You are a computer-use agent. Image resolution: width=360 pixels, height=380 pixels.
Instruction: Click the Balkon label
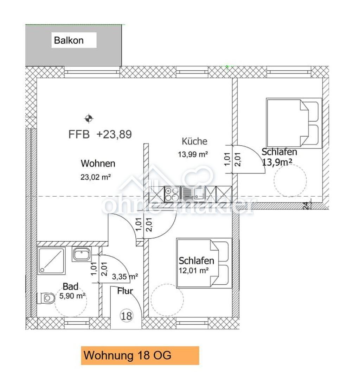(69, 40)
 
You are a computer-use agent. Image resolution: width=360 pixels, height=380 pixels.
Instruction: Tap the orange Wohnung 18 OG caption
(140, 355)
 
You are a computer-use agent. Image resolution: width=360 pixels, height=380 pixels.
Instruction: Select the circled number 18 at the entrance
(126, 316)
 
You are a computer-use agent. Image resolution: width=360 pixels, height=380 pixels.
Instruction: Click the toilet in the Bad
(46, 298)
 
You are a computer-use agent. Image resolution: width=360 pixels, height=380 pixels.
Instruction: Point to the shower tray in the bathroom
(52, 261)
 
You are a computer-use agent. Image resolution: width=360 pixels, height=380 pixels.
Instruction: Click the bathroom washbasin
(82, 254)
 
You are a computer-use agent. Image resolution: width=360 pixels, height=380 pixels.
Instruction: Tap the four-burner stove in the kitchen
(172, 194)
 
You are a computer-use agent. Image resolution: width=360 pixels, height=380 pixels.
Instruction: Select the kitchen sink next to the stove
(193, 194)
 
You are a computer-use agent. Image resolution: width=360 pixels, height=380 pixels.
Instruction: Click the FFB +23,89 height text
(100, 134)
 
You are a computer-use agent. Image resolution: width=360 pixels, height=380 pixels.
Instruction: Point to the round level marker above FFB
(89, 119)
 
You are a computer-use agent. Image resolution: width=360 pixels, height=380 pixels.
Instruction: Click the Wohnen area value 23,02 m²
(96, 177)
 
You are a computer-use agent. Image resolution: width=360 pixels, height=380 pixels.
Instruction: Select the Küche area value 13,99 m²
(193, 154)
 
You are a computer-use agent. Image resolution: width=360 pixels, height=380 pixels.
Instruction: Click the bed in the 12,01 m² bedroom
(204, 263)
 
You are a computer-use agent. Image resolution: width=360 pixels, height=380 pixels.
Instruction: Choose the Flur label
(125, 291)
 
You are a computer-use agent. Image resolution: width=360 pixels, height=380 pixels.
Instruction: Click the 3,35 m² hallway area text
(125, 277)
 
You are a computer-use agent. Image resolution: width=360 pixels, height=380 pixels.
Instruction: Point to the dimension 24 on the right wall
(306, 205)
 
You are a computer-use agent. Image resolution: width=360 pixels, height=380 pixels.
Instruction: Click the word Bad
(70, 286)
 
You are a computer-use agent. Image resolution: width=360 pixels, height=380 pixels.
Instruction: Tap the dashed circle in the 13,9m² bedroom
(290, 164)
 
